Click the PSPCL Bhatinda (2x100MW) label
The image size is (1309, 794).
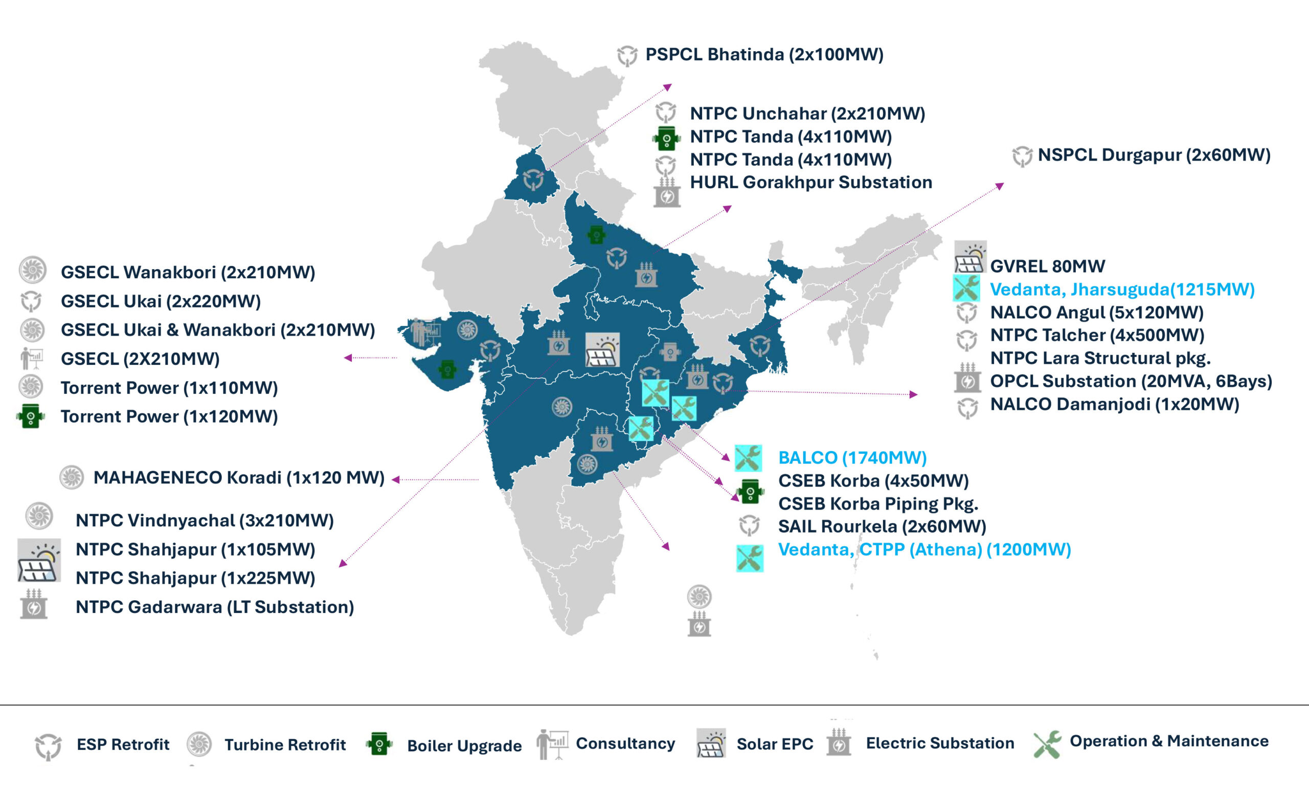pyautogui.click(x=764, y=55)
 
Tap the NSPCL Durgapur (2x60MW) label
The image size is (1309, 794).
pyautogui.click(x=1154, y=155)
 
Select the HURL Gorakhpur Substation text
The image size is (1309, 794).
pyautogui.click(x=810, y=182)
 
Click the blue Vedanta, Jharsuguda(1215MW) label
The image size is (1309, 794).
pyautogui.click(x=1122, y=289)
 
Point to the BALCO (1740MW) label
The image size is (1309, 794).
pyautogui.click(x=852, y=457)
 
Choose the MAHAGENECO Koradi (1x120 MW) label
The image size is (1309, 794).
pyautogui.click(x=238, y=477)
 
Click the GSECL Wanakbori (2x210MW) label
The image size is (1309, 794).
pyautogui.click(x=188, y=272)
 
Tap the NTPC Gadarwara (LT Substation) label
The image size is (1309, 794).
pyautogui.click(x=215, y=607)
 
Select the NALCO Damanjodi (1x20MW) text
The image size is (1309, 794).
pyautogui.click(x=1115, y=405)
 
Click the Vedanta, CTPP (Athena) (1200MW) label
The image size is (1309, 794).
pyautogui.click(x=924, y=549)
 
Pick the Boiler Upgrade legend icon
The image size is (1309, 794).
pyautogui.click(x=379, y=744)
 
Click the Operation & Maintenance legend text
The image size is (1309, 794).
pyautogui.click(x=1169, y=741)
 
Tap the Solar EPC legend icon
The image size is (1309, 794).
pyautogui.click(x=711, y=743)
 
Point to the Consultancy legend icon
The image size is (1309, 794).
pyautogui.click(x=551, y=743)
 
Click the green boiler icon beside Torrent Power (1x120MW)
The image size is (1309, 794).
pyautogui.click(x=30, y=416)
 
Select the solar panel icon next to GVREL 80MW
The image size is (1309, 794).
pyautogui.click(x=969, y=258)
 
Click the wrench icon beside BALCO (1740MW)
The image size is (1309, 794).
pyautogui.click(x=748, y=458)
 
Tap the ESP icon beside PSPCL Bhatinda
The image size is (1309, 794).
pyautogui.click(x=627, y=55)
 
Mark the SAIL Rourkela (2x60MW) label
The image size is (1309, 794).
pyautogui.click(x=882, y=526)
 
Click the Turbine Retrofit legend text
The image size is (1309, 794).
pyautogui.click(x=285, y=745)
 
